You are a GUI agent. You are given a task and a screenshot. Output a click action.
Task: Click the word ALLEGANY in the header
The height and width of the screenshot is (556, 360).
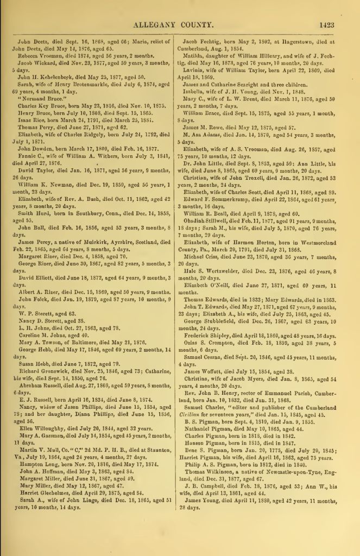click(157, 24)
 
